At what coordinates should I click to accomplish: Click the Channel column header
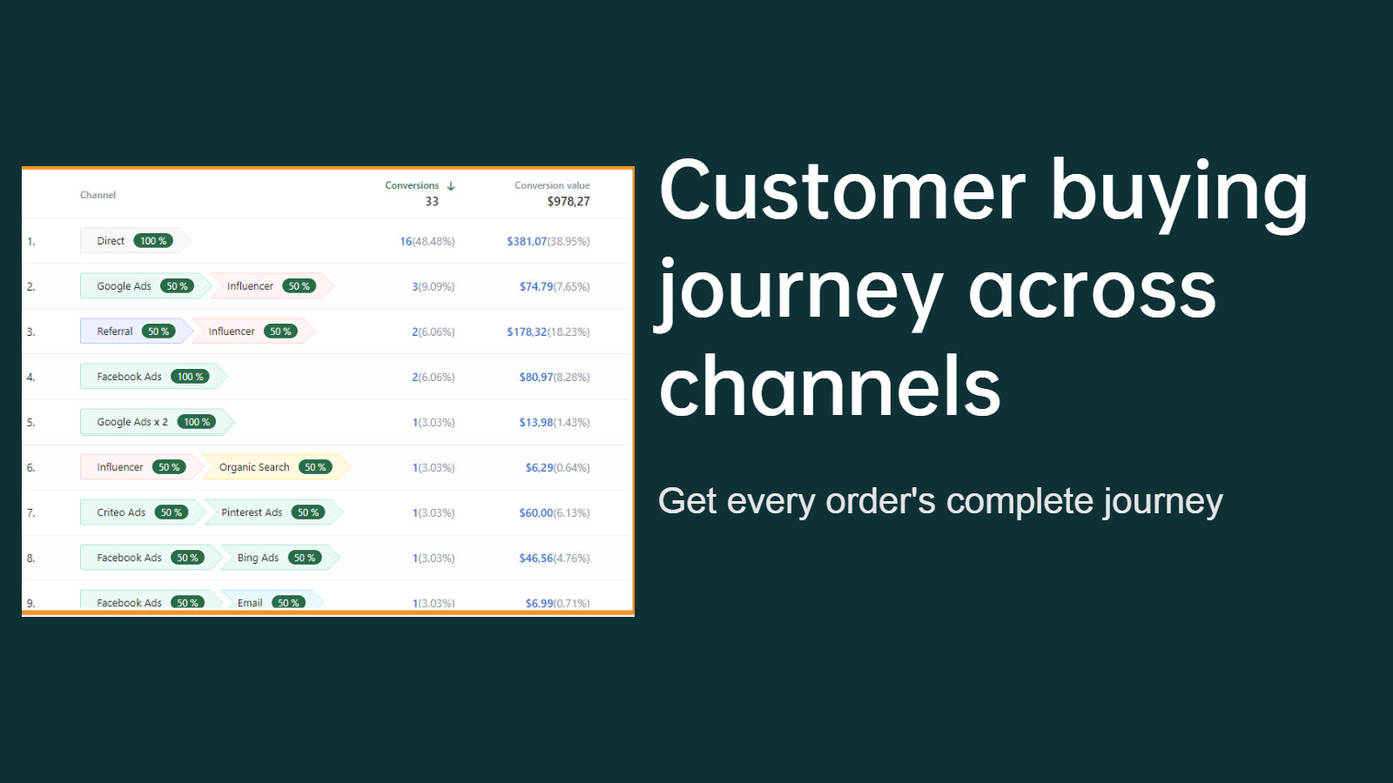[98, 195]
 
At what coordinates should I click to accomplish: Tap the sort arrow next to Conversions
[451, 186]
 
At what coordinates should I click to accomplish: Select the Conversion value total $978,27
[569, 201]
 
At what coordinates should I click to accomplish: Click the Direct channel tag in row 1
[134, 241]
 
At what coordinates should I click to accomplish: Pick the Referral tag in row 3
[136, 331]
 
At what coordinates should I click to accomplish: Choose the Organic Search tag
[275, 467]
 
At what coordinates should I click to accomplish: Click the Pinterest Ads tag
[273, 512]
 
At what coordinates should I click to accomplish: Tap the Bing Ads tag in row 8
[279, 558]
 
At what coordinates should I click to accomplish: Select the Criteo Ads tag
[143, 512]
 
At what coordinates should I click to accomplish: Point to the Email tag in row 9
[272, 601]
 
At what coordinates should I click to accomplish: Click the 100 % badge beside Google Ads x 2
[197, 422]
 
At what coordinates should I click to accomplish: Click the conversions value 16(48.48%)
[427, 241]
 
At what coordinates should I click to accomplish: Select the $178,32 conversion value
[527, 331]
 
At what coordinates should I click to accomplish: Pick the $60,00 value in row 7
[536, 512]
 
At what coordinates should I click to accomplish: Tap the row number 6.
[31, 467]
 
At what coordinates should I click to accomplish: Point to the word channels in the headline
[830, 385]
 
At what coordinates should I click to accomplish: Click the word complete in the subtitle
[1020, 501]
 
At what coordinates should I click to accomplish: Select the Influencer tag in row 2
[272, 286]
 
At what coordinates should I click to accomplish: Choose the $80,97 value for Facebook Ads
[536, 378]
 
